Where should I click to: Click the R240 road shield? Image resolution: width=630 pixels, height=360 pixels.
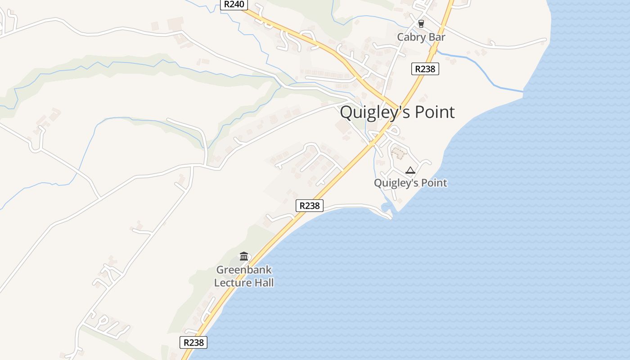tap(234, 4)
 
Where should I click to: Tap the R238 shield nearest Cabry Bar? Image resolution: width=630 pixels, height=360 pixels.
tap(425, 69)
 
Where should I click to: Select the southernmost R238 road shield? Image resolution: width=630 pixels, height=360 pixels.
tap(193, 342)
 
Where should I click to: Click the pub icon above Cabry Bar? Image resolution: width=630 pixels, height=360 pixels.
tap(421, 24)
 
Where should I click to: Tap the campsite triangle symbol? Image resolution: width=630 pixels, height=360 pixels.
tap(409, 170)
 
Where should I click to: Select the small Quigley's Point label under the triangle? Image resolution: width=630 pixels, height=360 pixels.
tap(410, 183)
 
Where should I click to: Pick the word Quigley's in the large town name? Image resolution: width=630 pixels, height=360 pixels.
tap(369, 112)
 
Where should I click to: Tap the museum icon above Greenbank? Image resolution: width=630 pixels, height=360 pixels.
tap(244, 256)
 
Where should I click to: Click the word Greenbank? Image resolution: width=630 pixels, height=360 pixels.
tap(244, 270)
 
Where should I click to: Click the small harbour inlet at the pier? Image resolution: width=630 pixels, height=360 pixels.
tap(386, 208)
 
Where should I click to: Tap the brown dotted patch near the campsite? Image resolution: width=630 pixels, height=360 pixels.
tap(398, 153)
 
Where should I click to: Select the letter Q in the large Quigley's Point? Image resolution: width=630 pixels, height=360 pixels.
tap(347, 112)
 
